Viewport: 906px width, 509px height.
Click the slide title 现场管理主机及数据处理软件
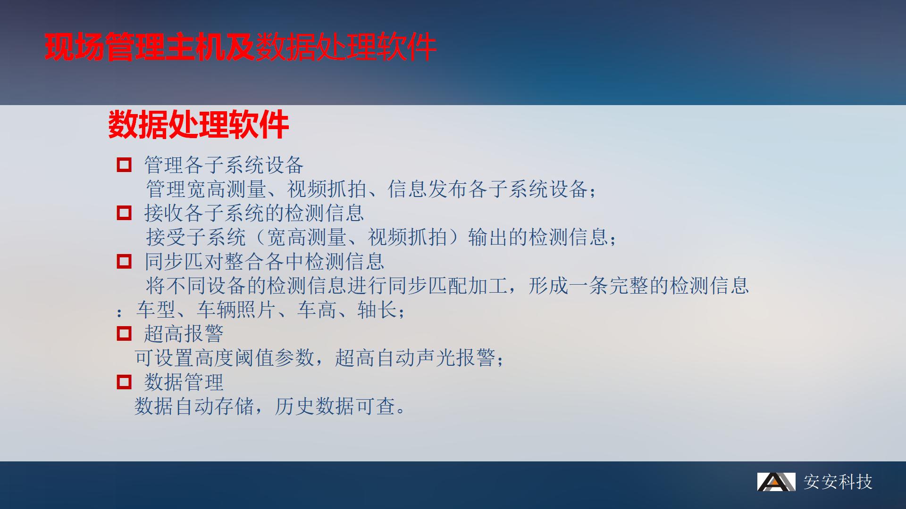tap(240, 47)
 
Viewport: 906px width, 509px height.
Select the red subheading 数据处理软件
tap(198, 125)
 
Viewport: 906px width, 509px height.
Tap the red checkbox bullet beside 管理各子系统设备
tap(124, 165)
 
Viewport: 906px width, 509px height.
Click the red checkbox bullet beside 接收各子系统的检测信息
tap(124, 213)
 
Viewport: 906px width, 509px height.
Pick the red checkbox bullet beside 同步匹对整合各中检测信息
tap(124, 262)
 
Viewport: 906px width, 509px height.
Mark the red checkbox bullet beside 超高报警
tap(124, 334)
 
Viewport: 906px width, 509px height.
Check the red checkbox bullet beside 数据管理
tap(124, 382)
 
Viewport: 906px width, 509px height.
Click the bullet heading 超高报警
tap(184, 334)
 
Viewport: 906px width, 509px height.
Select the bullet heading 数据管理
tap(184, 382)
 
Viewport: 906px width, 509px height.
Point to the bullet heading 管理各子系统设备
tap(224, 165)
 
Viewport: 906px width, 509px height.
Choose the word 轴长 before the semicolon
tap(377, 310)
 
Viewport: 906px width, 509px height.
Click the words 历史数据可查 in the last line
tap(335, 406)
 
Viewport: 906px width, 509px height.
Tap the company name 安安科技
tap(838, 482)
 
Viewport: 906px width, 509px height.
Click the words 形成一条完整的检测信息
tap(638, 286)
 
